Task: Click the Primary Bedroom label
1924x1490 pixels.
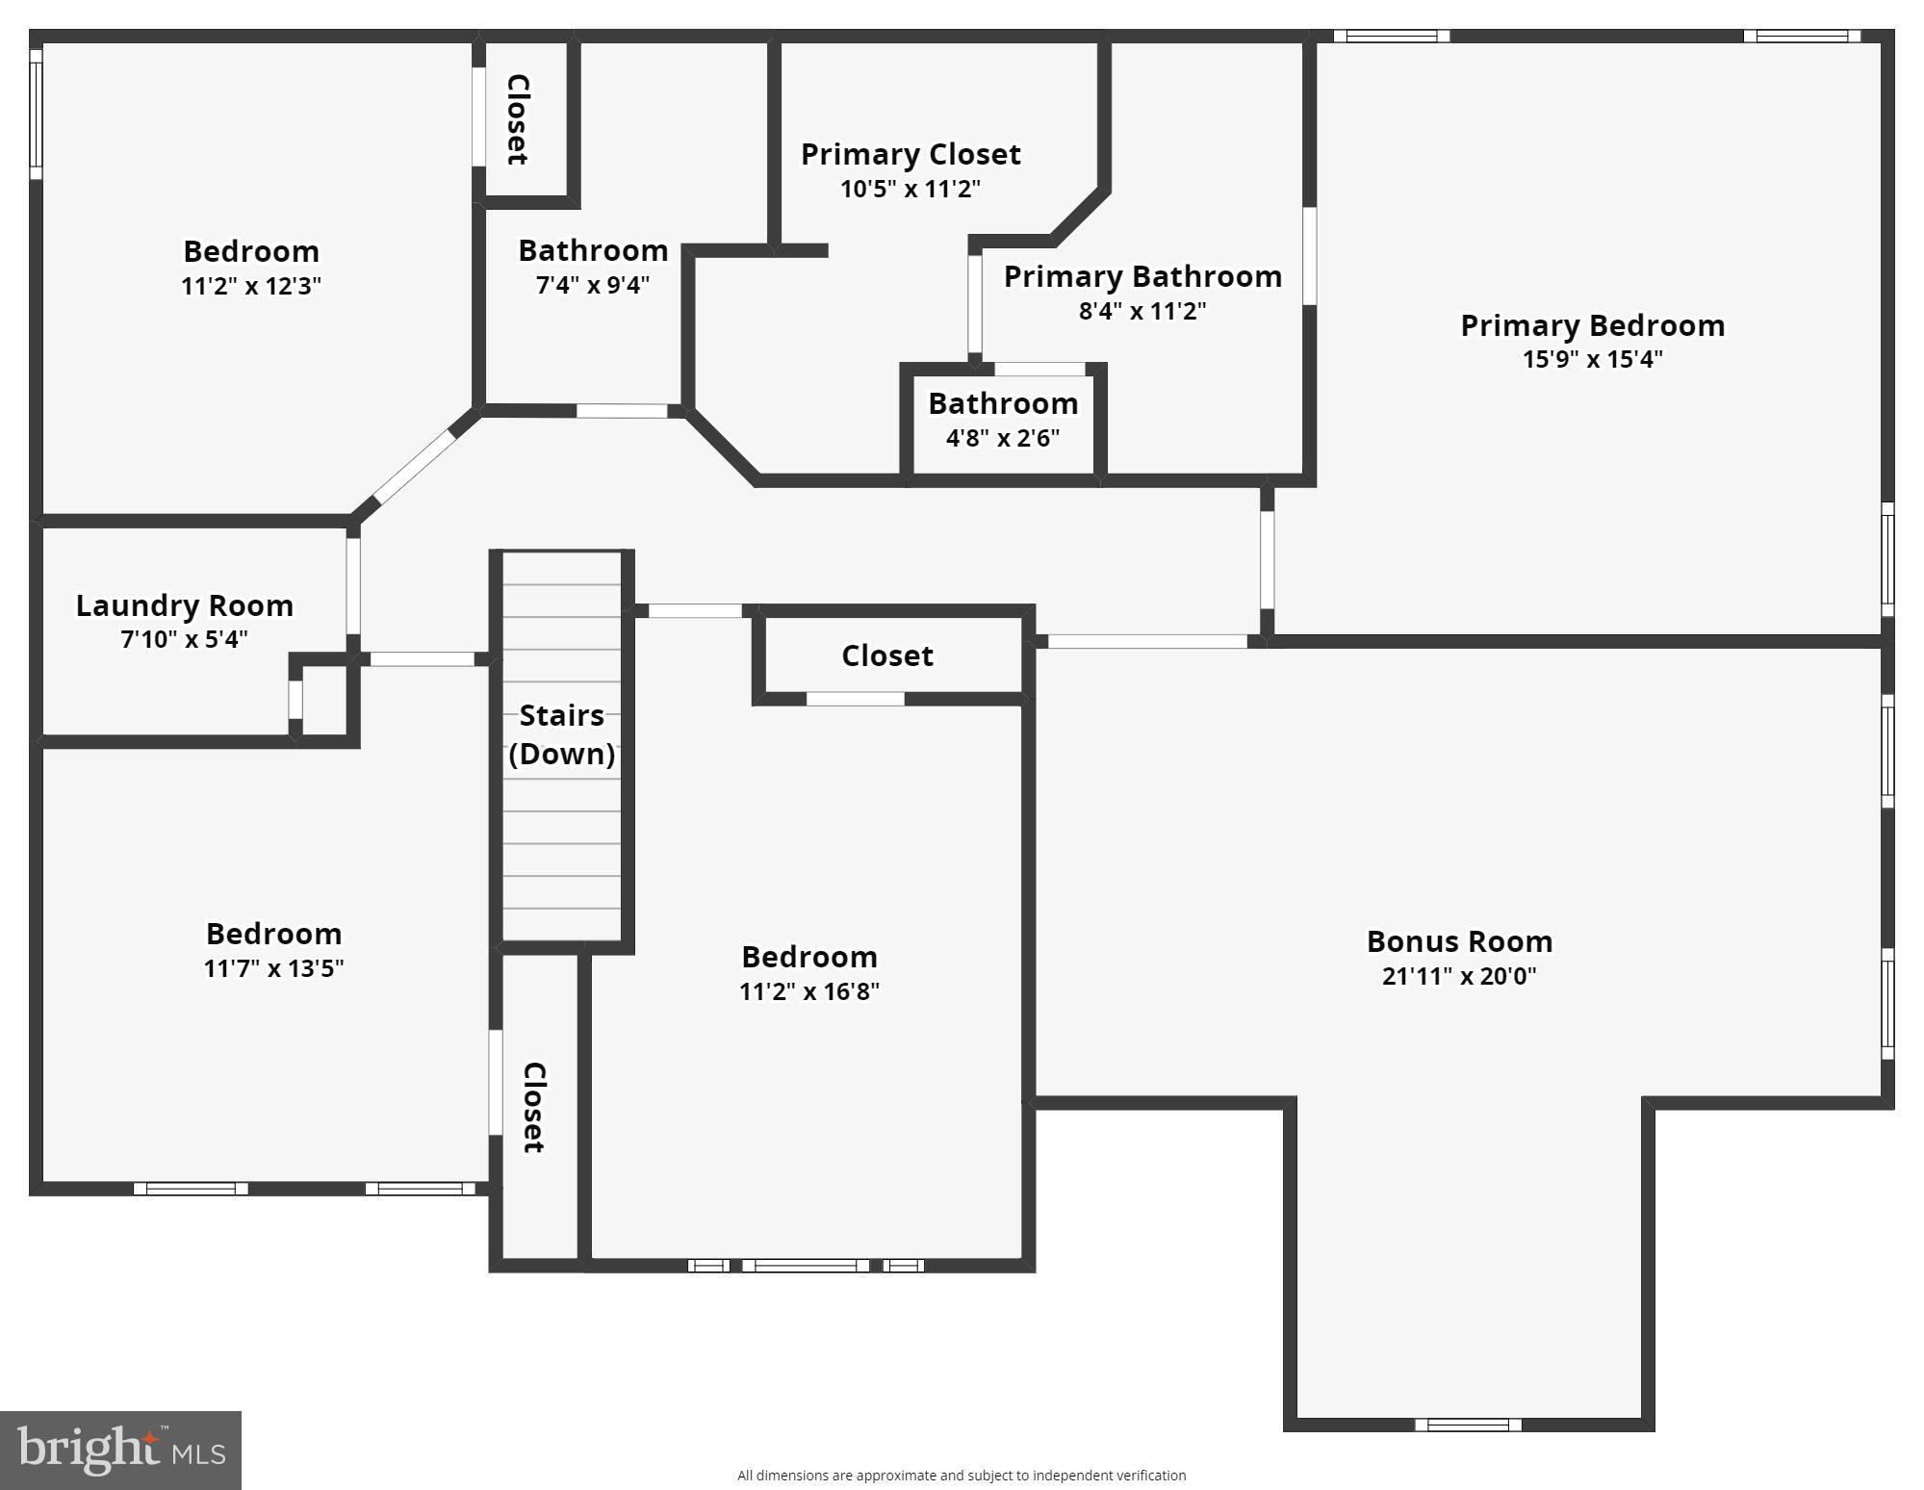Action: coord(1592,325)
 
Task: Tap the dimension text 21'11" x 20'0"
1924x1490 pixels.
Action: coord(1458,975)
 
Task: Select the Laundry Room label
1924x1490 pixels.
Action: coord(184,605)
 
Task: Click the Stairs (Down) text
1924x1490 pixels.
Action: coord(561,734)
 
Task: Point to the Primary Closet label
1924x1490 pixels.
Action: coord(910,154)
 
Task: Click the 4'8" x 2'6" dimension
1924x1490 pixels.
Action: coord(1002,438)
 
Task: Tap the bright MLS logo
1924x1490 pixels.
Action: coord(120,1450)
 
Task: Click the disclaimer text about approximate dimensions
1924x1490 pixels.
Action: coord(961,1475)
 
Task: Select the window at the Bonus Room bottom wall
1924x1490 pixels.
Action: coord(1467,1425)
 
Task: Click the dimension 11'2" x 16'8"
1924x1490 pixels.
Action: coord(808,991)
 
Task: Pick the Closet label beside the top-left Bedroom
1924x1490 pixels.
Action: coord(518,119)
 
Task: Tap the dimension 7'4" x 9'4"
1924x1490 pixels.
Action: coord(592,285)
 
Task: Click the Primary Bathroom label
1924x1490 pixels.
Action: coord(1142,277)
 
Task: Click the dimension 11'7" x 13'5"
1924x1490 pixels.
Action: coord(273,967)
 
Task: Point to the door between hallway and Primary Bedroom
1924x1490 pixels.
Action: coord(1267,559)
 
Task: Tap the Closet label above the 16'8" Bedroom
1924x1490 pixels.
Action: coord(886,655)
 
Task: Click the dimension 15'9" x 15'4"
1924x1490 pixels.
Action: coord(1592,359)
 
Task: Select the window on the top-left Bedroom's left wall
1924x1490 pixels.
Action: coord(36,114)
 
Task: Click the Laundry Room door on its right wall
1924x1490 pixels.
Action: coord(353,585)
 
